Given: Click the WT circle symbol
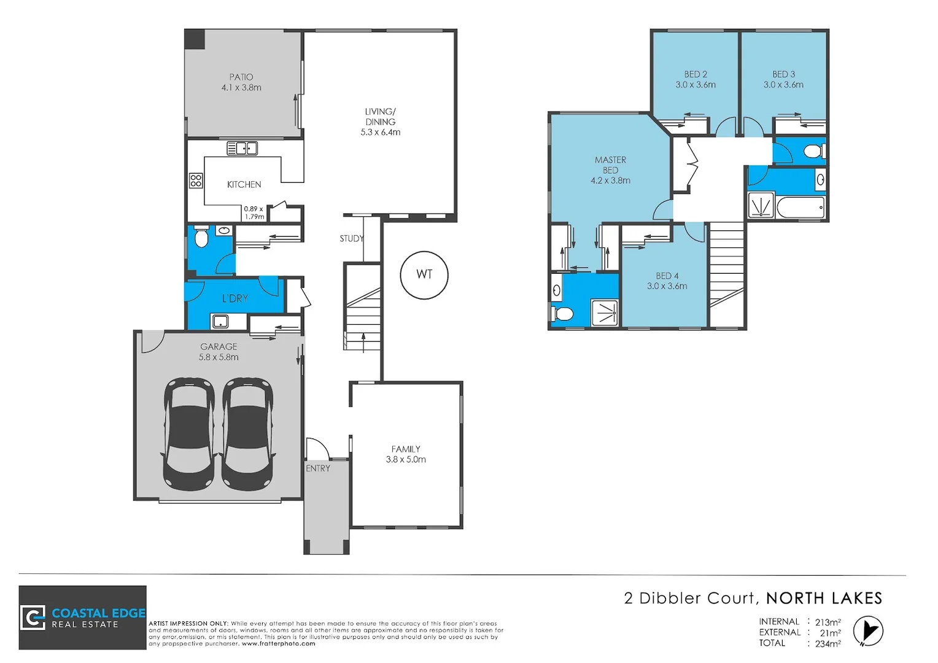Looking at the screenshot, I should click(x=424, y=274).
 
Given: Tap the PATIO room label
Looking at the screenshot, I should click(x=241, y=77).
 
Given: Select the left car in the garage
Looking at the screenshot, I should click(x=189, y=433).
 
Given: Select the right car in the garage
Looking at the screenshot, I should click(x=247, y=433).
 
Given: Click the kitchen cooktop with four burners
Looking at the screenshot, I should click(x=196, y=180).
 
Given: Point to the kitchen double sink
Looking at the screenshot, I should click(x=242, y=148).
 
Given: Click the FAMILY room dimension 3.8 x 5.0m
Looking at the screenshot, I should click(x=406, y=459).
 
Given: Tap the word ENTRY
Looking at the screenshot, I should click(x=318, y=468).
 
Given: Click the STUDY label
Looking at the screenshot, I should click(x=352, y=238).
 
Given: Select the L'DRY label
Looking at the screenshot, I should click(x=235, y=298).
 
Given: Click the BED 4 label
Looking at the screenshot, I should click(x=667, y=276).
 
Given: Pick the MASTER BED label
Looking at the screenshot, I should click(x=610, y=165).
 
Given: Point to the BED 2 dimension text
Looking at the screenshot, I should click(x=696, y=85).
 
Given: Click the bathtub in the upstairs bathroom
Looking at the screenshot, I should click(x=800, y=207).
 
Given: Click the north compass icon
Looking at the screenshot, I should click(x=868, y=632).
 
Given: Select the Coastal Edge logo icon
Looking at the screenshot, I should click(x=33, y=618).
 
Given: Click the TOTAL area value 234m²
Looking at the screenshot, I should click(x=828, y=643).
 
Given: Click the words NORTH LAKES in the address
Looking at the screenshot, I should click(x=824, y=598).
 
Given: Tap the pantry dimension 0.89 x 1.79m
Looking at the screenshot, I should click(x=254, y=212).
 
